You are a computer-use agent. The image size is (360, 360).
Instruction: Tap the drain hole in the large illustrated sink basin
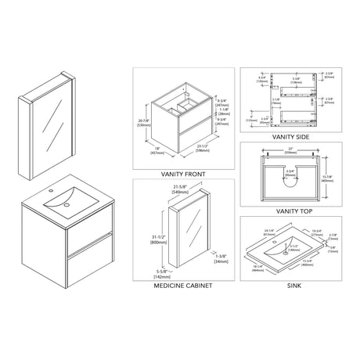coord(66,206)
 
